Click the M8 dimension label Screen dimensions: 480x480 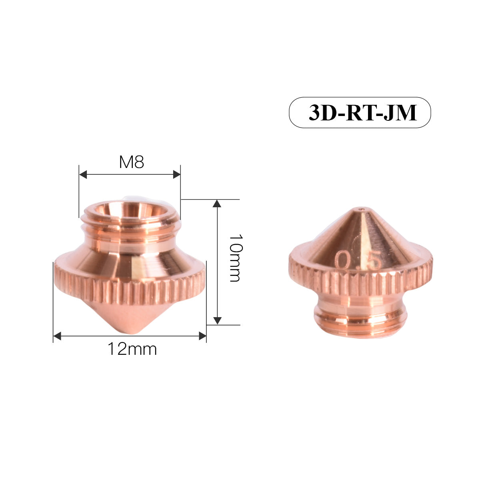131,162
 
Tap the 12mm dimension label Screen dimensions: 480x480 132,349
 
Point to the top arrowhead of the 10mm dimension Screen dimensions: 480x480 217,203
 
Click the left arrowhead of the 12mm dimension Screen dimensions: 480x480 57,336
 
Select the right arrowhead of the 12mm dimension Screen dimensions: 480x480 202,336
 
